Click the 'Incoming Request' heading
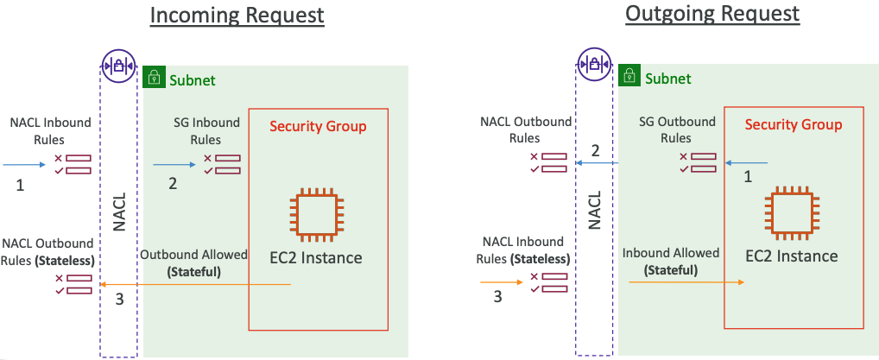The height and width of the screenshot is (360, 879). tap(237, 16)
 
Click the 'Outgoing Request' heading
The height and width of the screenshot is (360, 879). tap(713, 14)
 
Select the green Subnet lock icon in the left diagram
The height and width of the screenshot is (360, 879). tap(154, 77)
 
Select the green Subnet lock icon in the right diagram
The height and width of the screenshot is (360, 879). tap(629, 78)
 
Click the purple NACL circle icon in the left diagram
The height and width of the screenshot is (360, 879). tap(118, 64)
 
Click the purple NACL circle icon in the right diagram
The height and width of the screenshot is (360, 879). tap(594, 63)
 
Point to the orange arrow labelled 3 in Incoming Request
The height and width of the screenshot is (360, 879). tap(195, 285)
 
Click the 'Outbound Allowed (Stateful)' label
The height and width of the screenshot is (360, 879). tap(193, 263)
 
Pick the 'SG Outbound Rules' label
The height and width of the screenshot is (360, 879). tap(678, 129)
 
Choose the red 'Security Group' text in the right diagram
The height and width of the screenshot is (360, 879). tap(794, 124)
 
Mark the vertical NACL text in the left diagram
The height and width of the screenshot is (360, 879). tap(119, 212)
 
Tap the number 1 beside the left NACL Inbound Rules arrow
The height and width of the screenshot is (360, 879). tap(21, 184)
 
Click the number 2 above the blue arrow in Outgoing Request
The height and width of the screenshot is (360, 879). tap(595, 151)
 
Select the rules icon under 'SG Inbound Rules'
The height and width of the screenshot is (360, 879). tap(222, 164)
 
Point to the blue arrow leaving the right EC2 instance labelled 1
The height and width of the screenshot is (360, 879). tap(746, 161)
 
